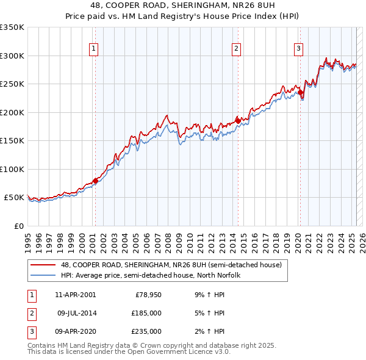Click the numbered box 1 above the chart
(x=95, y=49)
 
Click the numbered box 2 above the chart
(x=236, y=49)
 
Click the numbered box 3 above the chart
(x=299, y=49)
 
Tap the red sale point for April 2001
(x=95, y=181)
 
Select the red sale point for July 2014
(x=237, y=120)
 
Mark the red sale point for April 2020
(x=300, y=92)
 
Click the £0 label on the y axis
(x=18, y=226)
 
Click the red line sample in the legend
(x=44, y=265)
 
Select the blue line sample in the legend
(x=44, y=276)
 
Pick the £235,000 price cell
(x=147, y=331)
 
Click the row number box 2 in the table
(x=32, y=313)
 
